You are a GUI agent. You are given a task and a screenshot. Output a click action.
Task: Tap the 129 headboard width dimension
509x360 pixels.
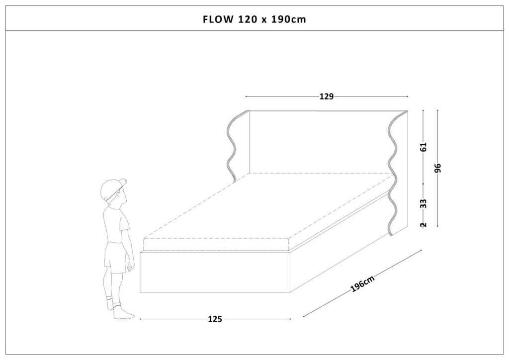327,96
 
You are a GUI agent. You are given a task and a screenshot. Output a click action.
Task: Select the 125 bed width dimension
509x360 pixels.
215,319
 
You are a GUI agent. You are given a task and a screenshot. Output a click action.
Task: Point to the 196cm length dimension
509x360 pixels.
362,284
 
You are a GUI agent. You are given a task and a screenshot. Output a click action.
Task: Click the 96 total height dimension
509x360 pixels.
438,168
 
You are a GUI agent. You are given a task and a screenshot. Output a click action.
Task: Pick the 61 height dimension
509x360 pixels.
424,147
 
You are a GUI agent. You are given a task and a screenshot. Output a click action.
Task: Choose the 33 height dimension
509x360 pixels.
424,203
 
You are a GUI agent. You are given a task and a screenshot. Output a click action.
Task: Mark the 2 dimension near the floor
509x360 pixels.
424,225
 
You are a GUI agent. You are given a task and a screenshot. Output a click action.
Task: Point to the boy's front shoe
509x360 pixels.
123,313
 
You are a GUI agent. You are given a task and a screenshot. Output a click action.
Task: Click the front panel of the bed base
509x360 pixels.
215,271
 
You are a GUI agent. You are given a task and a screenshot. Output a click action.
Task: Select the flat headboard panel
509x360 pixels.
320,142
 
